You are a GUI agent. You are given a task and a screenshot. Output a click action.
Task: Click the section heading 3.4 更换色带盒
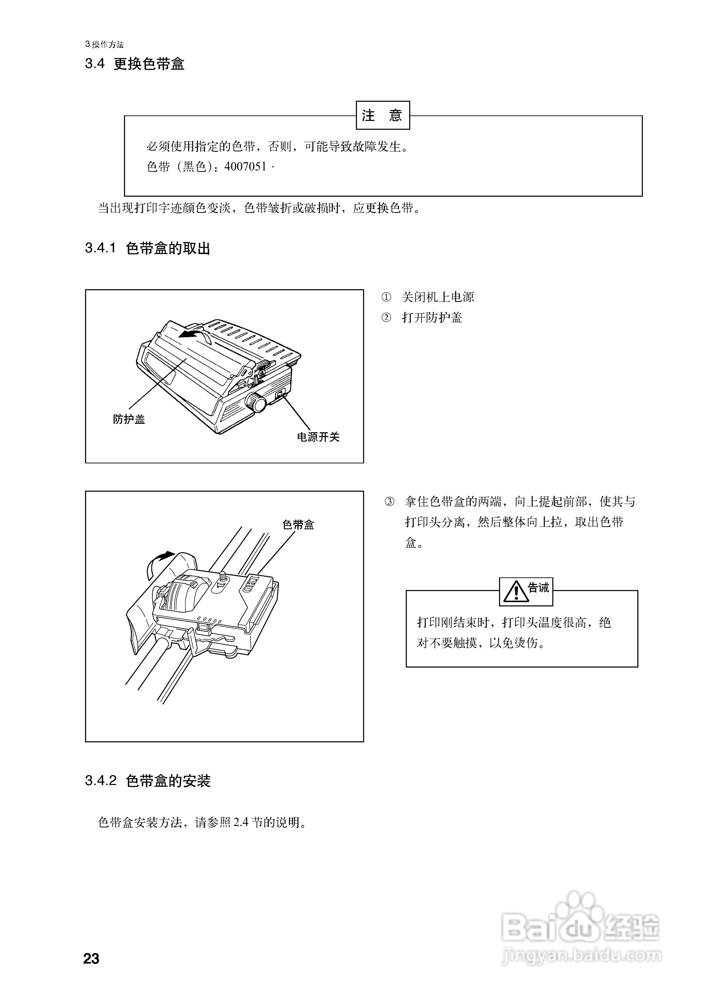point(135,64)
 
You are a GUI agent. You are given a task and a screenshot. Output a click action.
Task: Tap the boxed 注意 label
point(383,115)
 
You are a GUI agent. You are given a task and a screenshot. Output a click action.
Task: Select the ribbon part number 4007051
point(245,167)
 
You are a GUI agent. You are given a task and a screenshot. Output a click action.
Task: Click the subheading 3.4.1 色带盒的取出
point(148,248)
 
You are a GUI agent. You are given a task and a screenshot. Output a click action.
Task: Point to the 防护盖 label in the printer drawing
point(129,419)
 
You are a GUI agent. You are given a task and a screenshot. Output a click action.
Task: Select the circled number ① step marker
point(386,297)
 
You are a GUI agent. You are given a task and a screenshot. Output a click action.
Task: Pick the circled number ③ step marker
point(389,502)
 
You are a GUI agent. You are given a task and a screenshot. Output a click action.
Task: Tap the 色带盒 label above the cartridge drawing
point(298,524)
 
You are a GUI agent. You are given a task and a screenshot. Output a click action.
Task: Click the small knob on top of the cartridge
point(223,577)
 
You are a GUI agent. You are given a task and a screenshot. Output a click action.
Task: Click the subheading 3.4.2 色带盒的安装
point(148,781)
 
